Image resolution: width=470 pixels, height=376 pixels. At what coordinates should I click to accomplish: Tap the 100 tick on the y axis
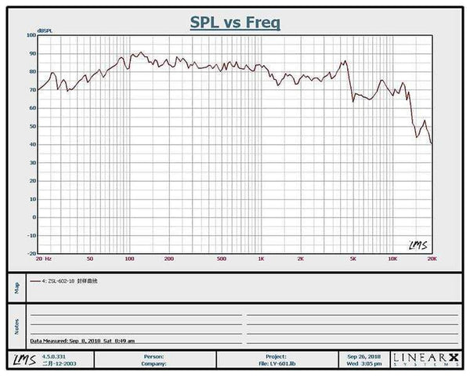(x=31, y=35)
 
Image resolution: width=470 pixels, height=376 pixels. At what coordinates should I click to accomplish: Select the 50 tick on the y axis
(x=32, y=126)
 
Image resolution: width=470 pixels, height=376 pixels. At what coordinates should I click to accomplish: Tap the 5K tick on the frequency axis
(x=352, y=258)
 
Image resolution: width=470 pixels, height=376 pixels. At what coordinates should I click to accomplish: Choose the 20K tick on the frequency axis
(x=430, y=258)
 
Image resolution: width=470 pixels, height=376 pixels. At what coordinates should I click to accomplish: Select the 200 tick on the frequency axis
(x=168, y=258)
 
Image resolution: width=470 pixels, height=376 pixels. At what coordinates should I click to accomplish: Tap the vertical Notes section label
(x=16, y=323)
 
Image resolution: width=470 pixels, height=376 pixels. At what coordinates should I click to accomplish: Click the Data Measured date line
(x=82, y=342)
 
